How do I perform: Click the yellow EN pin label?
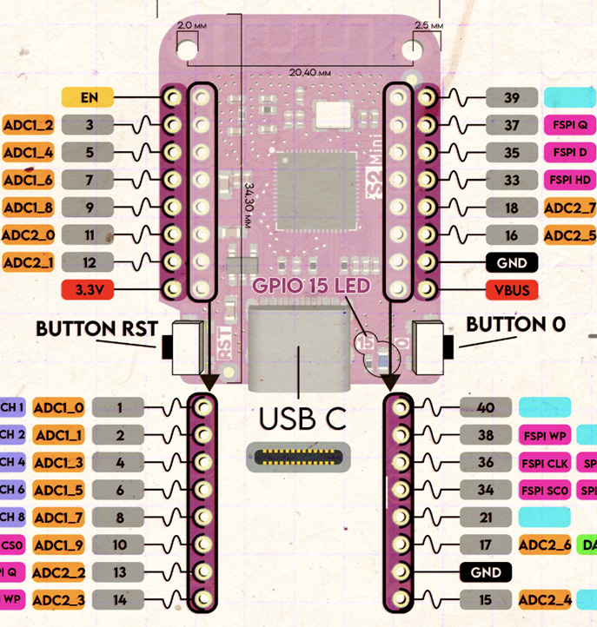pos(88,98)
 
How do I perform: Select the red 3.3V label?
pos(88,289)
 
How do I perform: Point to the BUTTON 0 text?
pos(515,324)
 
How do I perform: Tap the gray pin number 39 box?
pos(512,98)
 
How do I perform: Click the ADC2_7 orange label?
pos(569,208)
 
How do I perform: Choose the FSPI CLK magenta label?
pos(545,463)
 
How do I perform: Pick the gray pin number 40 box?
pos(486,407)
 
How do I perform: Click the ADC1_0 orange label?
pos(60,407)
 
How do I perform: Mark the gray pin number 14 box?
pos(119,599)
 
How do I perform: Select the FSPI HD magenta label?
pos(569,180)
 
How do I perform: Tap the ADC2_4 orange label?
pos(545,599)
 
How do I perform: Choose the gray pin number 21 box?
pos(486,517)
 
